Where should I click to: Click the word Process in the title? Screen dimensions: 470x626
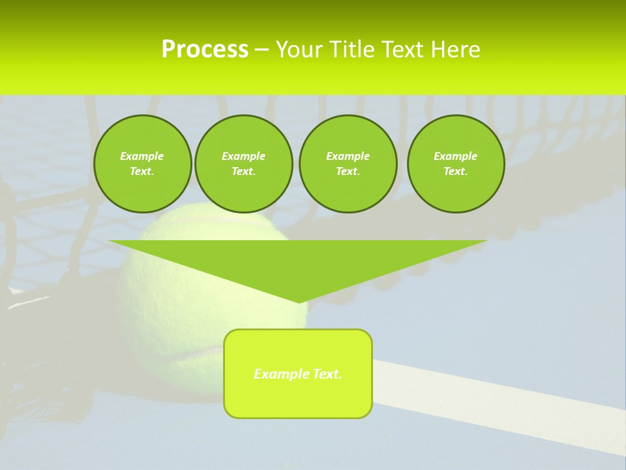(x=205, y=50)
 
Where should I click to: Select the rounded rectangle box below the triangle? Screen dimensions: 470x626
(x=298, y=398)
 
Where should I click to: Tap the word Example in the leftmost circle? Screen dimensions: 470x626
(x=142, y=156)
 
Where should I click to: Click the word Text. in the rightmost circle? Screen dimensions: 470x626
(x=456, y=171)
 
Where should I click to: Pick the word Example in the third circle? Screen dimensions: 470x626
(x=348, y=156)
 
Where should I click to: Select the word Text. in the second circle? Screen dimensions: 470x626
(x=244, y=171)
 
